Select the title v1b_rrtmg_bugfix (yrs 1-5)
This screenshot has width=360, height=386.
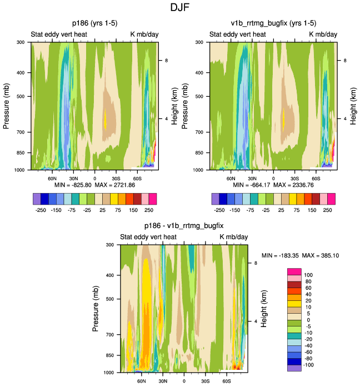(273, 23)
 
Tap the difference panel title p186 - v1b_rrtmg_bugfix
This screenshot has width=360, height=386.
(183, 226)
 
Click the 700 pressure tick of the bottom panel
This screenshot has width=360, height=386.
(108, 335)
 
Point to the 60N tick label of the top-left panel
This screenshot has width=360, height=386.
(52, 179)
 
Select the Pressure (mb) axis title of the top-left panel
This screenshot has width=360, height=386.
(8, 105)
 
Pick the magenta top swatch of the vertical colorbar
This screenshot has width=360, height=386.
(294, 271)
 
